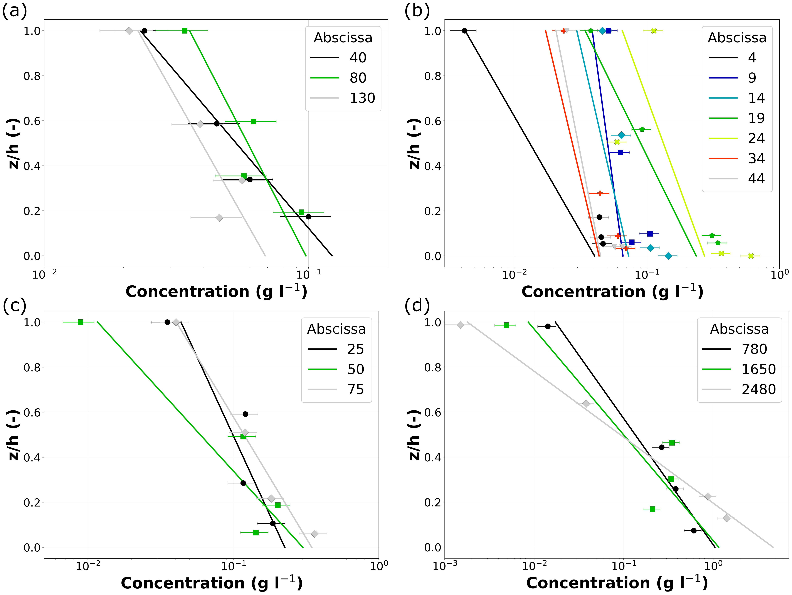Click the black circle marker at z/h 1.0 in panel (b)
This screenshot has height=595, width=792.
click(464, 31)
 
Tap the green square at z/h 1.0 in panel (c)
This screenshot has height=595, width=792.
click(81, 322)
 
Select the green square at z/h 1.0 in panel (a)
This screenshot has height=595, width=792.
click(184, 31)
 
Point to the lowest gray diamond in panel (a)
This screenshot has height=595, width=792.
click(219, 218)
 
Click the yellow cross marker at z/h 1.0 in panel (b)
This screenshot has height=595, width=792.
click(654, 31)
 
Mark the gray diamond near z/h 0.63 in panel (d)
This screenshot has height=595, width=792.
click(586, 404)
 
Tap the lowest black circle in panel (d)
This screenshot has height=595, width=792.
click(694, 531)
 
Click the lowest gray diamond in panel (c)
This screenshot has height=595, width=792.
click(314, 534)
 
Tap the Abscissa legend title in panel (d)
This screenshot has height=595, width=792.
click(739, 329)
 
